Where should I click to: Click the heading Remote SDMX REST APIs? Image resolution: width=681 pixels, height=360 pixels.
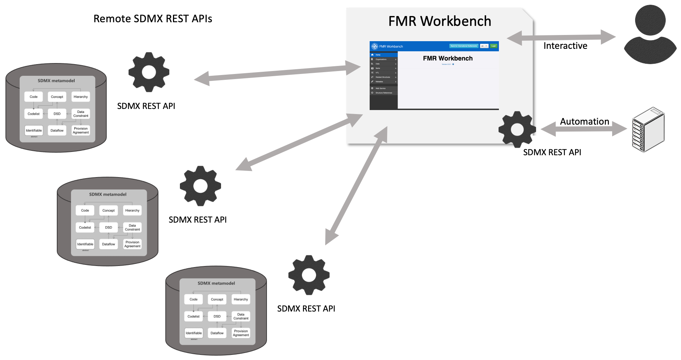153,19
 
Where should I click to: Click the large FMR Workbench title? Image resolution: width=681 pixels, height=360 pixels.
440,21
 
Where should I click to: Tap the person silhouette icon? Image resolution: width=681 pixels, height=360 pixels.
650,35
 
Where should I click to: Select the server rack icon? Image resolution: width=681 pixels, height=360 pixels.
648,129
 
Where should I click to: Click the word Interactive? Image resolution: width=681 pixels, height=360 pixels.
565,46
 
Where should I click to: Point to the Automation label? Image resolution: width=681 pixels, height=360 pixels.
584,122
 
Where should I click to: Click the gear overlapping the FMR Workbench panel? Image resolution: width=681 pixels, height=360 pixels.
517,129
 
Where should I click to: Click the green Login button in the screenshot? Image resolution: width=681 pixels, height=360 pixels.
493,46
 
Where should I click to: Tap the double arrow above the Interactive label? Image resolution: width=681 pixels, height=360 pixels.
561,37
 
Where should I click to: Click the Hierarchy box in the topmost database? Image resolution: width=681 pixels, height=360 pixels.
80,97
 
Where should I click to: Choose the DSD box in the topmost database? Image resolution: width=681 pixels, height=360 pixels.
57,114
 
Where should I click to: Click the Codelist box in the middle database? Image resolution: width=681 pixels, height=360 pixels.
85,227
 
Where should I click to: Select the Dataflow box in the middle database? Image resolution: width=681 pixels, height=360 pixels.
109,244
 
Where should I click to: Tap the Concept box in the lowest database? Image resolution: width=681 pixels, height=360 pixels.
217,300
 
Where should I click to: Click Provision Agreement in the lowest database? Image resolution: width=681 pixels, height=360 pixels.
241,333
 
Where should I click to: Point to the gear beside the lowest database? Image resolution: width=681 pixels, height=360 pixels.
309,275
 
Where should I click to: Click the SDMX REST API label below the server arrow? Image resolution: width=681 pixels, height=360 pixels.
552,152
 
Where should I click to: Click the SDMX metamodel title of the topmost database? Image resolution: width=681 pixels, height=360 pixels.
56,81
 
